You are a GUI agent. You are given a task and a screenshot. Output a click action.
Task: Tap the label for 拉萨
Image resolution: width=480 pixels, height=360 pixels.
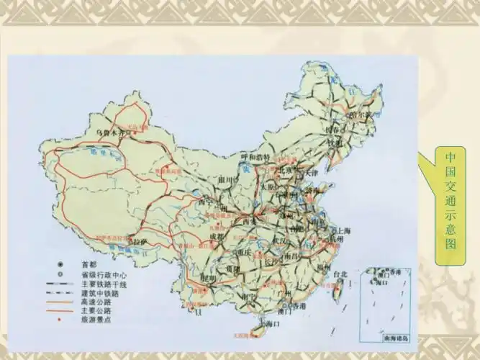click(140, 241)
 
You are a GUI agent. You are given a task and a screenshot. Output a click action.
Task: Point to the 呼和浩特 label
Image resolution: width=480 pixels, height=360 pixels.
click(255, 156)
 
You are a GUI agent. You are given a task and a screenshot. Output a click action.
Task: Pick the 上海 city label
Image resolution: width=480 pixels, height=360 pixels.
click(340, 230)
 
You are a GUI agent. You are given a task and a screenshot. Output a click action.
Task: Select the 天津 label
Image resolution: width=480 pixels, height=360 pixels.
click(310, 173)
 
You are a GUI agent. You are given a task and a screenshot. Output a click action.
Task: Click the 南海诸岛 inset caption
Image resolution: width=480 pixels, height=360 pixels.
click(393, 338)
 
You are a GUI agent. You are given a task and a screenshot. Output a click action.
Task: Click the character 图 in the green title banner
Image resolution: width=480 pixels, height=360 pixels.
click(450, 245)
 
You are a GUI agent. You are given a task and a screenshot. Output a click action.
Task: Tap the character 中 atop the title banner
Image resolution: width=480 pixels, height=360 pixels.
click(450, 157)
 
